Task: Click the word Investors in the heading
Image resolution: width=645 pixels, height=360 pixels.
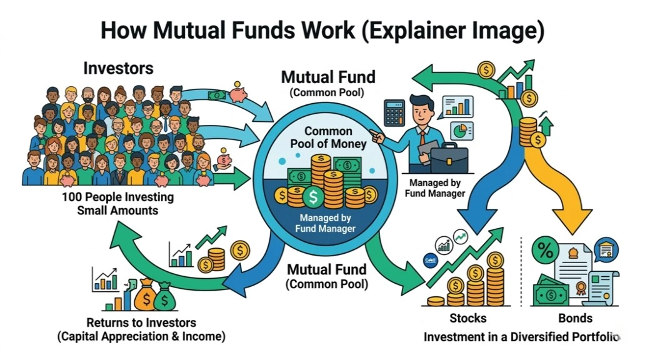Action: (118, 67)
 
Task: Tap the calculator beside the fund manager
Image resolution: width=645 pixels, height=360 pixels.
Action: (394, 112)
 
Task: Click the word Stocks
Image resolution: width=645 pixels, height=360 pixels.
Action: (468, 318)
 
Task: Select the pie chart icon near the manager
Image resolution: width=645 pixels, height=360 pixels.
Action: (461, 131)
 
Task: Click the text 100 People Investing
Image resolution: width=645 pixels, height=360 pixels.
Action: (117, 197)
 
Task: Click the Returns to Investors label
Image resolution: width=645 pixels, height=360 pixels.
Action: (141, 323)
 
